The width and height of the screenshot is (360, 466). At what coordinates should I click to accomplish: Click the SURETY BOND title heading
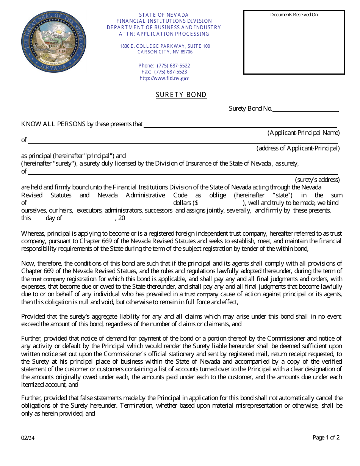coord(181,95)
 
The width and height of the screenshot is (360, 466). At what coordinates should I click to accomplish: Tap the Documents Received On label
coord(294,15)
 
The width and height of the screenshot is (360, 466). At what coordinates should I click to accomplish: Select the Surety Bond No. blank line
coord(305,109)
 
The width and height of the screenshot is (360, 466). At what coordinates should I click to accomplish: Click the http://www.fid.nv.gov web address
coord(164,78)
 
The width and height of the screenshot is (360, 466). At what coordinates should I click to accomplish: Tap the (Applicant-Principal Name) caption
coord(304,133)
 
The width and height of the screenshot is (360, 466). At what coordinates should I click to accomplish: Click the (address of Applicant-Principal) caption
coord(298,148)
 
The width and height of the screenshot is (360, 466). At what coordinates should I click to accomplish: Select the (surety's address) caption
coord(317,180)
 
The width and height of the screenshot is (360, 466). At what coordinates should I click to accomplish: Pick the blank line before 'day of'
coord(38,219)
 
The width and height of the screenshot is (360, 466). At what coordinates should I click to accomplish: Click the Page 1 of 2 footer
coord(326,438)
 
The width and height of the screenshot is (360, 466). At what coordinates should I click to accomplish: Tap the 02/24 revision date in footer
coord(28,438)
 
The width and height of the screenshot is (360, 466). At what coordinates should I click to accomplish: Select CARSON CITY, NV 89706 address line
coord(165,52)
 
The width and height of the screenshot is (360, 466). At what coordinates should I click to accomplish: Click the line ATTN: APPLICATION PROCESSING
coord(164,34)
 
